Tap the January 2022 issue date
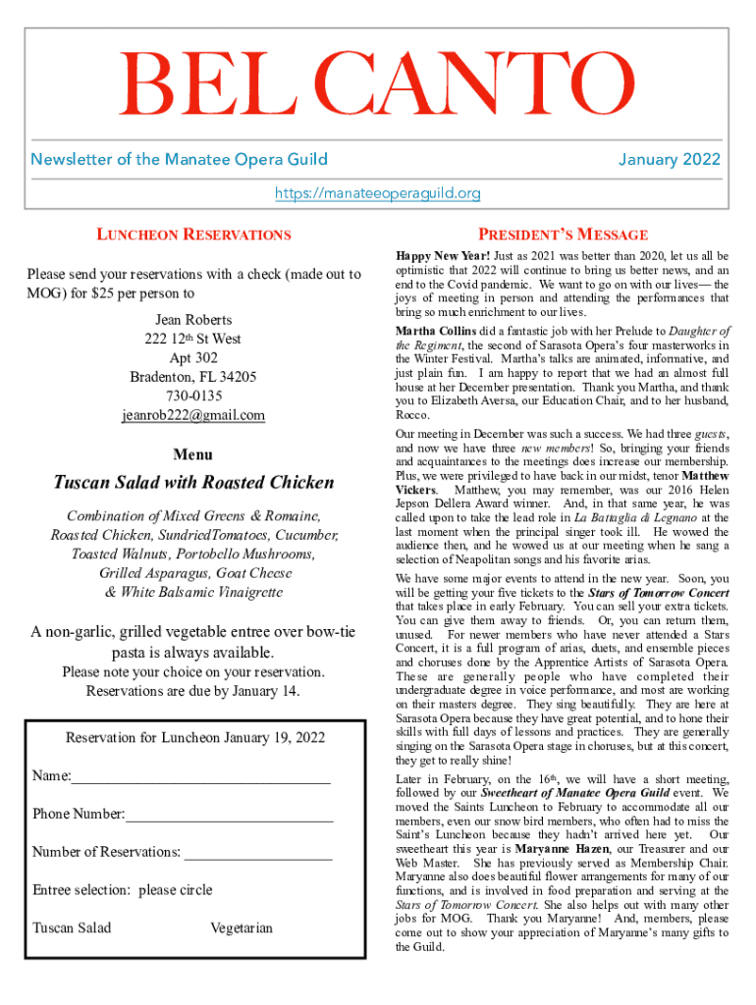669,159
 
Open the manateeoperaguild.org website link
377,193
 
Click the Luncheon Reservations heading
193,235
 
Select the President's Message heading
562,235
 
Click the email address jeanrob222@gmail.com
193,415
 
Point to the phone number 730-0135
193,396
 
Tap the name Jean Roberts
193,320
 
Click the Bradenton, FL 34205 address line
193,377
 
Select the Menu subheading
193,454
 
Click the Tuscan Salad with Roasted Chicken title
193,483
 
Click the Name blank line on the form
200,780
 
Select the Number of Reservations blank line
258,855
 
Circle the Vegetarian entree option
242,927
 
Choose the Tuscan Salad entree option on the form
72,927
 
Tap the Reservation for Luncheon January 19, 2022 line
194,738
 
